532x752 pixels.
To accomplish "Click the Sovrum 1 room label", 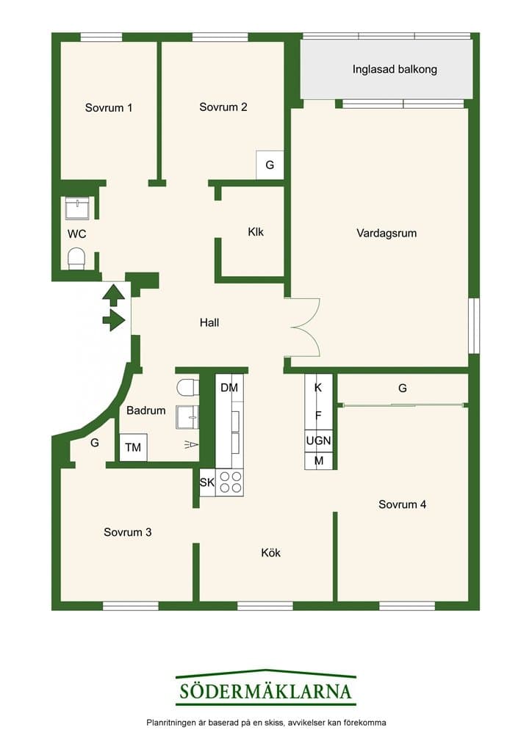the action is coord(109,108).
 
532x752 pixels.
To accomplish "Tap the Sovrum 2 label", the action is coord(223,107).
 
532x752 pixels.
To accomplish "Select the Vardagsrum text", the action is coord(387,234).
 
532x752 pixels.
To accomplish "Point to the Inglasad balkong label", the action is coord(395,70).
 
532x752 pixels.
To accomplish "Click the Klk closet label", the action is coord(256,232).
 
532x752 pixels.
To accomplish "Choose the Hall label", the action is coord(209,323).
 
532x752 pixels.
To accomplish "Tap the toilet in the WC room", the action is coord(76,258).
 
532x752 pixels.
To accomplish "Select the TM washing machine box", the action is coord(133,447).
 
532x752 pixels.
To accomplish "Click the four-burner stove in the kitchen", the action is coord(230,482).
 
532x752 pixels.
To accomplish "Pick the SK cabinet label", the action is coord(206,482).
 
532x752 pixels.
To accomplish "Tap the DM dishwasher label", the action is coord(229,388).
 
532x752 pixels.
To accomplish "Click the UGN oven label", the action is coord(318,441).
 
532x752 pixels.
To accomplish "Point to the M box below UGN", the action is coord(318,461).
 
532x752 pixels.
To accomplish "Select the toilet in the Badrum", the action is coord(187,387).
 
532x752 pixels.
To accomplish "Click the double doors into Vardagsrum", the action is coord(302,328).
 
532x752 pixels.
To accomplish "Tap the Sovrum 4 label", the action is coord(402,505).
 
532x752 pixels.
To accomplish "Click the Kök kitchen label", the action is coord(270,553).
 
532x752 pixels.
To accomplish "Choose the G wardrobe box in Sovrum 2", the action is coord(270,165).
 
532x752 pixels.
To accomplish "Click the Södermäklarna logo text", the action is coord(266,692).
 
